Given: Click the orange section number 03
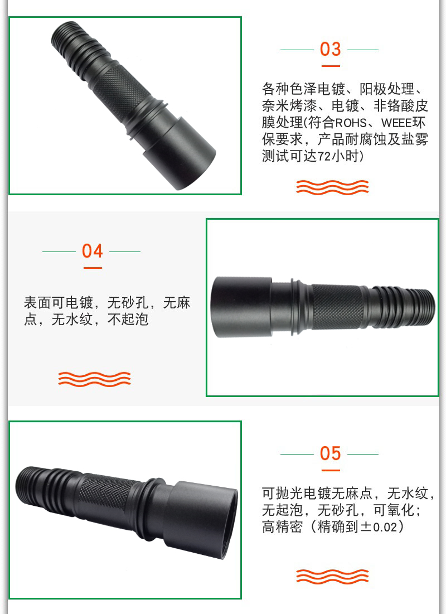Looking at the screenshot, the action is tap(330, 49).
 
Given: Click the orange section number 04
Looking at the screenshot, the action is tap(93, 251).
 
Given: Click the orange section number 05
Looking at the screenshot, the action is tap(330, 453).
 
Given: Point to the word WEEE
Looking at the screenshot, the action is tap(396, 123).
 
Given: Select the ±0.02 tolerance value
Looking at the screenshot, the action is tap(379, 526).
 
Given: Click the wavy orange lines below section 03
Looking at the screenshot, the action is tap(332, 187).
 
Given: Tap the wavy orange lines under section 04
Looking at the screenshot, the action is tap(94, 379).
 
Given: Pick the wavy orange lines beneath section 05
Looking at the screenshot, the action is tap(332, 577).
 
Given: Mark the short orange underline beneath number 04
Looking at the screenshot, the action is tap(93, 268).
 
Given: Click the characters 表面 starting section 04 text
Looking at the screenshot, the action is tap(37, 303).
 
